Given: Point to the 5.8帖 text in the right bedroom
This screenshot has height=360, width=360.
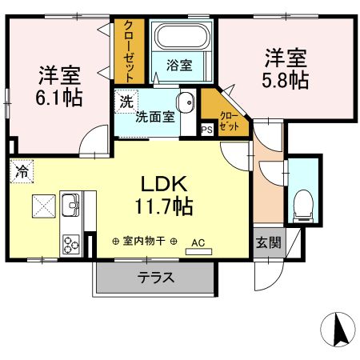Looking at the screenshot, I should (286, 79).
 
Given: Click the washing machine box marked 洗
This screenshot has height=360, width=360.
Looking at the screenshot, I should (126, 102).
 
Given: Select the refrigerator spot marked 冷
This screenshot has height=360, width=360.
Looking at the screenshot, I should (22, 170).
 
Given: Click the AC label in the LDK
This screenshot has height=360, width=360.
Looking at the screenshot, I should (198, 240).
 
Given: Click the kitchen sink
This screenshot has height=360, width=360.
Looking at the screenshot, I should (70, 207).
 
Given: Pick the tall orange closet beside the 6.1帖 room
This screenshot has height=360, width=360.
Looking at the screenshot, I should (128, 50).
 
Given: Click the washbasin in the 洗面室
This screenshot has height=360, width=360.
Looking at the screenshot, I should (186, 103).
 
